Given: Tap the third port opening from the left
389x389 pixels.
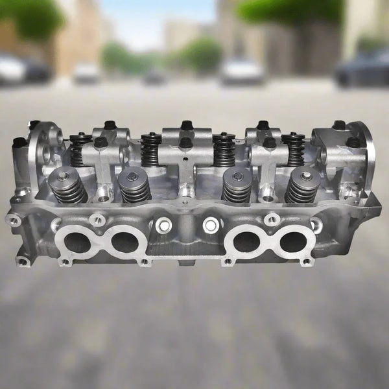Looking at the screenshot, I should [x=247, y=242].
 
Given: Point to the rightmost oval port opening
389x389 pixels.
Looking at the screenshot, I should [x=294, y=242].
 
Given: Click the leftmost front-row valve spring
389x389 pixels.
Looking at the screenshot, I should [x=68, y=186].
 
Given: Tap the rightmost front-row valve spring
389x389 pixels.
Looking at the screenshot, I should [x=303, y=185].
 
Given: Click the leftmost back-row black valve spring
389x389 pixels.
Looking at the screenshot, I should [x=80, y=150].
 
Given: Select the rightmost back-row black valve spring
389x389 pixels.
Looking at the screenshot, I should [x=294, y=149].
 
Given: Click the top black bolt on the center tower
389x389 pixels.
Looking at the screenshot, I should [x=187, y=124].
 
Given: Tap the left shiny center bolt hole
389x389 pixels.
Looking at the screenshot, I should [x=164, y=225].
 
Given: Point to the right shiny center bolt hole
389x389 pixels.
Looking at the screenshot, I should [x=211, y=225].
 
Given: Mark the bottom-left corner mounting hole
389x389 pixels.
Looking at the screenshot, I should [x=23, y=261].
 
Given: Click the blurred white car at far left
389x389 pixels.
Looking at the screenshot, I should [x=12, y=68].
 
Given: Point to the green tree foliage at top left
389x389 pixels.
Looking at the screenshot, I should [x=32, y=16].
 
